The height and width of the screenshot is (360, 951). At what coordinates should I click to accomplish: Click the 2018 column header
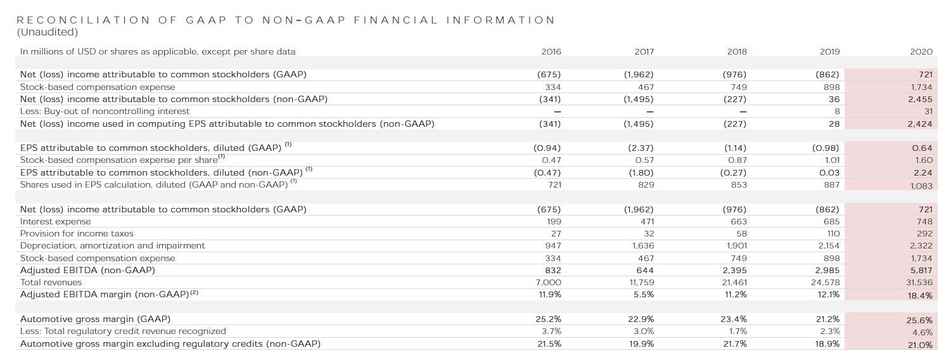[737, 51]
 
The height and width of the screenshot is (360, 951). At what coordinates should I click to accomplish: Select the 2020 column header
[922, 51]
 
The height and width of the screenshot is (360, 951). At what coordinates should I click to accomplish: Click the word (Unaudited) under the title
[48, 32]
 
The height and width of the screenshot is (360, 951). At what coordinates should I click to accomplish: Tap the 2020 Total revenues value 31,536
[920, 283]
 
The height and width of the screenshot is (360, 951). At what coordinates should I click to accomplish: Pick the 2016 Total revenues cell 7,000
[549, 282]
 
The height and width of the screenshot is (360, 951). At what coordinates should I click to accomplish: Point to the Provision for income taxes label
[77, 233]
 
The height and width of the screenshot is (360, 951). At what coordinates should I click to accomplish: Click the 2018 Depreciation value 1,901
[734, 245]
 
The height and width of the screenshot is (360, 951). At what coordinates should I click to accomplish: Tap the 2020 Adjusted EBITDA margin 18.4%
[921, 295]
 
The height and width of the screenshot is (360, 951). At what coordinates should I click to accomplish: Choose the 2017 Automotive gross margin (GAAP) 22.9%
[641, 319]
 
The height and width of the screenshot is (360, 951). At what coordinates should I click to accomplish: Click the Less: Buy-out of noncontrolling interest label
[105, 111]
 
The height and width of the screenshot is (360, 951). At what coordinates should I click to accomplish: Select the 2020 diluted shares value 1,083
[921, 186]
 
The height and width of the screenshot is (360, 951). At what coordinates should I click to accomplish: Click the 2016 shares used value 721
[553, 184]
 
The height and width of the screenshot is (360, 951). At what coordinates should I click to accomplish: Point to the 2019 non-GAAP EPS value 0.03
[829, 172]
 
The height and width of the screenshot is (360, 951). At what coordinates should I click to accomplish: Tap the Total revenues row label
[51, 282]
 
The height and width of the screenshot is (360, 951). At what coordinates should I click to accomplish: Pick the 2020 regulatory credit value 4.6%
[922, 332]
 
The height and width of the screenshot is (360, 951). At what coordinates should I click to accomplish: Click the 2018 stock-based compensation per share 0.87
[737, 160]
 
